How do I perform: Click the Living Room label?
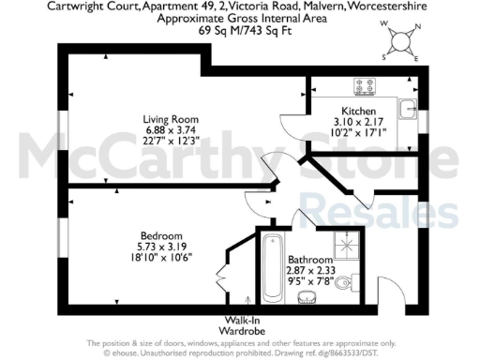click(171, 119)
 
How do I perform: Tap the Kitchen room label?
click(360, 111)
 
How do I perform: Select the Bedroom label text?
click(161, 235)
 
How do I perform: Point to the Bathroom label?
click(309, 259)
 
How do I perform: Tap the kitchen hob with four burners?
click(366, 86)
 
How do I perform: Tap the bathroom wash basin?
click(307, 298)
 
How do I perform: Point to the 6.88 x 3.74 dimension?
click(171, 130)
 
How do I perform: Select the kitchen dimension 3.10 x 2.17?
click(360, 122)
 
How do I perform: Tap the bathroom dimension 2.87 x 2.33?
click(310, 270)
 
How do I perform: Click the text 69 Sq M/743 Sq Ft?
click(240, 29)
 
